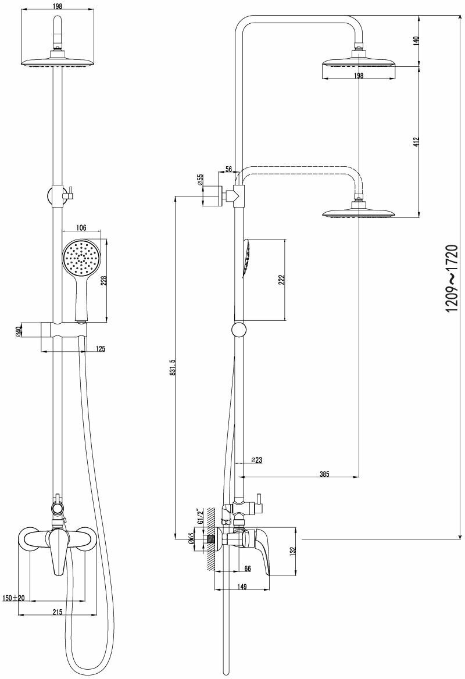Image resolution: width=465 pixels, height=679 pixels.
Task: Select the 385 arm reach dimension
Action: coord(324,474)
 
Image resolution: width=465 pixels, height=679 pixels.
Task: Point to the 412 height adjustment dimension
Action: coord(416,142)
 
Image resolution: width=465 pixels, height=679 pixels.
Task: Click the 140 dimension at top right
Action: coord(416,42)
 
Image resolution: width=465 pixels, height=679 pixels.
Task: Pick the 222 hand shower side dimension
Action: coord(281,280)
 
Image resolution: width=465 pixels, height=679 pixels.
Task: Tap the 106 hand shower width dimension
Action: coord(81,227)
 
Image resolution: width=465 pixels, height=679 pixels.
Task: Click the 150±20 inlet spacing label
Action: coord(13,598)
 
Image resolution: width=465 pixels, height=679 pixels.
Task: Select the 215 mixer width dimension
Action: coord(58,612)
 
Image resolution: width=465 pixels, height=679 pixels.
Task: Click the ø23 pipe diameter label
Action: coord(256,460)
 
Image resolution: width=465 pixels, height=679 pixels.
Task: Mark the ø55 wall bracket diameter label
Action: coord(200,180)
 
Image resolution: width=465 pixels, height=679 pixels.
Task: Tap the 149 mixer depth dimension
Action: coord(242,587)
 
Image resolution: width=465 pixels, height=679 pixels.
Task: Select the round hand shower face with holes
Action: coord(82,258)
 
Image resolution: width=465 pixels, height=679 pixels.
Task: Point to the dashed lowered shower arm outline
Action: coord(302,170)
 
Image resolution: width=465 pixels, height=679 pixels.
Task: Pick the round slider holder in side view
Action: coord(238,330)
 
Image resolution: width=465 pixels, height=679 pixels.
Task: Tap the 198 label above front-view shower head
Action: coord(57,6)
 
